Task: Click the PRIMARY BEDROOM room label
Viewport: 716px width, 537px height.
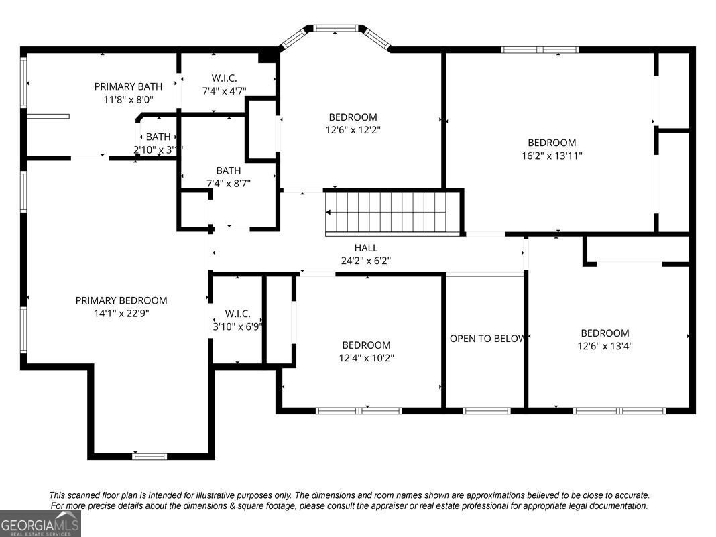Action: coord(121,300)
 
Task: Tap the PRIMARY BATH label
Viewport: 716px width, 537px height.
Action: coord(128,86)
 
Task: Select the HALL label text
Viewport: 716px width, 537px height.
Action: coord(366,248)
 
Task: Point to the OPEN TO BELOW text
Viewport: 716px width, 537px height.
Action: coord(487,339)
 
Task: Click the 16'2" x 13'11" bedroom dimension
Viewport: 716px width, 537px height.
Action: coord(552,156)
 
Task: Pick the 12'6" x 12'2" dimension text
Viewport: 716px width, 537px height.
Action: coord(353,130)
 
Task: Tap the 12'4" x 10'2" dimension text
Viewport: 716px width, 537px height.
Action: coord(366,358)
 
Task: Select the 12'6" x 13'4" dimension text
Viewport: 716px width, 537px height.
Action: coord(605,346)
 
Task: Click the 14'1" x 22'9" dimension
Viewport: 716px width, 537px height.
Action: coord(121,314)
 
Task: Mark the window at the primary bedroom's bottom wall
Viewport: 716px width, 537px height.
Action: coord(150,456)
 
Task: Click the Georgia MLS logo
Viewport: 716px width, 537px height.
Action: coord(40,524)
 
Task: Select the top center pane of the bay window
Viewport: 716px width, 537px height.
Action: coord(336,28)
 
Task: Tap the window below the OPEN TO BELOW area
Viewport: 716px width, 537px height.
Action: coord(486,410)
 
